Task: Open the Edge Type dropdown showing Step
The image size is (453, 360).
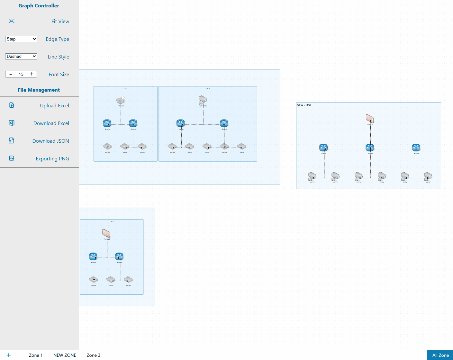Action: pyautogui.click(x=21, y=39)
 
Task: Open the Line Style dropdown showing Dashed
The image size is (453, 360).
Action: pyautogui.click(x=21, y=57)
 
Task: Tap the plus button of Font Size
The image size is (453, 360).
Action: pyautogui.click(x=32, y=74)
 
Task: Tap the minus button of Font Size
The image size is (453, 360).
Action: pyautogui.click(x=11, y=74)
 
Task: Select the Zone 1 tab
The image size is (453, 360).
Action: pyautogui.click(x=36, y=355)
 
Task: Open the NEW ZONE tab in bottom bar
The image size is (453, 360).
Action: pyautogui.click(x=65, y=355)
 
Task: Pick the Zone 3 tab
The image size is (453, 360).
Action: pyautogui.click(x=93, y=355)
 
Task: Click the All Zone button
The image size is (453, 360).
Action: pyautogui.click(x=440, y=355)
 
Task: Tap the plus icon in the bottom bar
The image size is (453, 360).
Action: pyautogui.click(x=9, y=355)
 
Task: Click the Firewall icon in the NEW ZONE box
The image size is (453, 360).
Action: pyautogui.click(x=370, y=119)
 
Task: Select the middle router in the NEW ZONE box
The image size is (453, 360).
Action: pyautogui.click(x=370, y=148)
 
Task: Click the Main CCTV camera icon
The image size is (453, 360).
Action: pyautogui.click(x=203, y=100)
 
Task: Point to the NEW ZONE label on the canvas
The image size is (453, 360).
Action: pyautogui.click(x=304, y=105)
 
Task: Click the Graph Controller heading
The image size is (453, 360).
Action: pyautogui.click(x=39, y=6)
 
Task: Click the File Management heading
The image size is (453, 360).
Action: pyautogui.click(x=39, y=90)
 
